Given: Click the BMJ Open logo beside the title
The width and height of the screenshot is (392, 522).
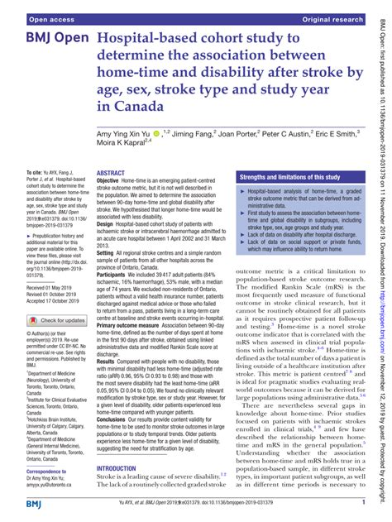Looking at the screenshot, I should tap(50, 41).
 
